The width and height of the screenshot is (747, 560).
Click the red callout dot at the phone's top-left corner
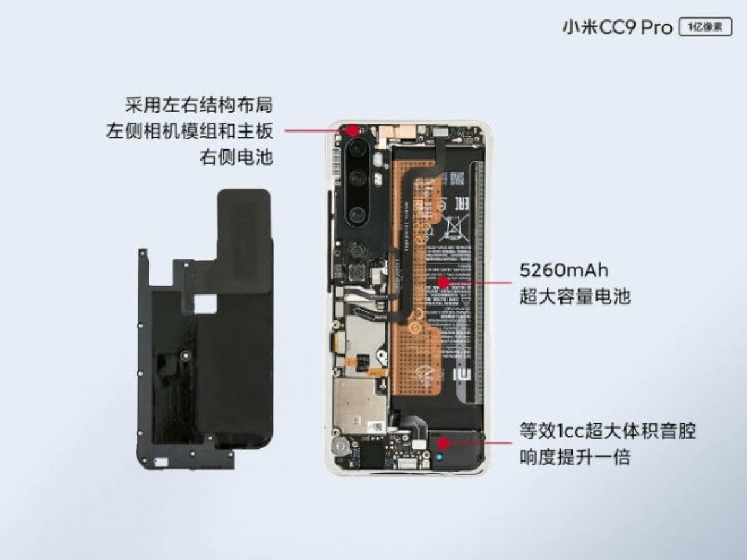pos(352,131)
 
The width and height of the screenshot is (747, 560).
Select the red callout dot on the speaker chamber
pos(443,443)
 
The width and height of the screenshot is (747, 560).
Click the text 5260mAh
pos(563,271)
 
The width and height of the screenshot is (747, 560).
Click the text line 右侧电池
pos(236,157)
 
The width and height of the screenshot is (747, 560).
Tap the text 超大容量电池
pos(575,297)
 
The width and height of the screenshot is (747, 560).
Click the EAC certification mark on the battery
pos(462,203)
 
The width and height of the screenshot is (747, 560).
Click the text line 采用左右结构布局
pos(199,104)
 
